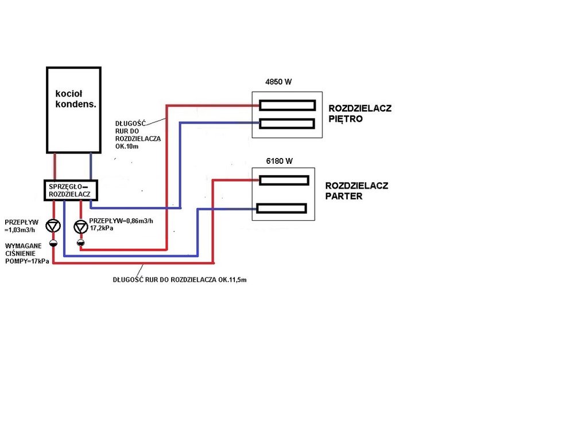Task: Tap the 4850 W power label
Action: click(x=278, y=82)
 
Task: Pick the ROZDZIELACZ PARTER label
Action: click(x=357, y=191)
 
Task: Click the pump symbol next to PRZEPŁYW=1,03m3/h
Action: click(x=53, y=226)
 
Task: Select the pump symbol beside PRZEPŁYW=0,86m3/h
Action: click(x=81, y=226)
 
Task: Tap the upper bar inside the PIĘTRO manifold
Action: click(x=286, y=105)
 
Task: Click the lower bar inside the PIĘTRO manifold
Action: click(x=286, y=123)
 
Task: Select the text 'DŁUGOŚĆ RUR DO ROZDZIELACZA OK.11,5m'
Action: click(x=181, y=280)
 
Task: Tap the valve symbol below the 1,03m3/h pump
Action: click(x=53, y=243)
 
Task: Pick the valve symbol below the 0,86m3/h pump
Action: click(x=81, y=243)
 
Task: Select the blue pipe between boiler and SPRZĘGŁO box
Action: click(x=91, y=167)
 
